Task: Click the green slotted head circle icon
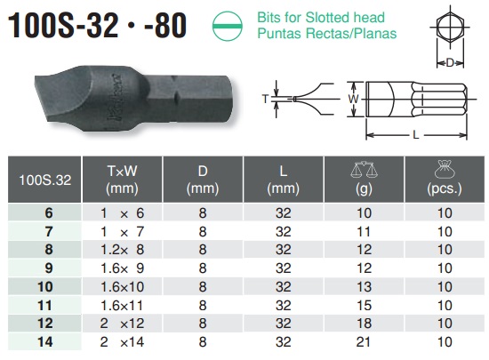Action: coord(228,26)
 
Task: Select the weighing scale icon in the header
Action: coord(364,170)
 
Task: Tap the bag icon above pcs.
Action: coord(445,170)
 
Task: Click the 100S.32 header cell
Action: coord(44,180)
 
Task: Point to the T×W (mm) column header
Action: coord(122,180)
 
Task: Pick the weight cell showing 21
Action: coord(364,342)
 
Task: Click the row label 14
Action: coord(45,342)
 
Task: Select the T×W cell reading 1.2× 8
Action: coord(122,250)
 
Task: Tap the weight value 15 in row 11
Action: coord(364,305)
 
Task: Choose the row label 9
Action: coord(49,268)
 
